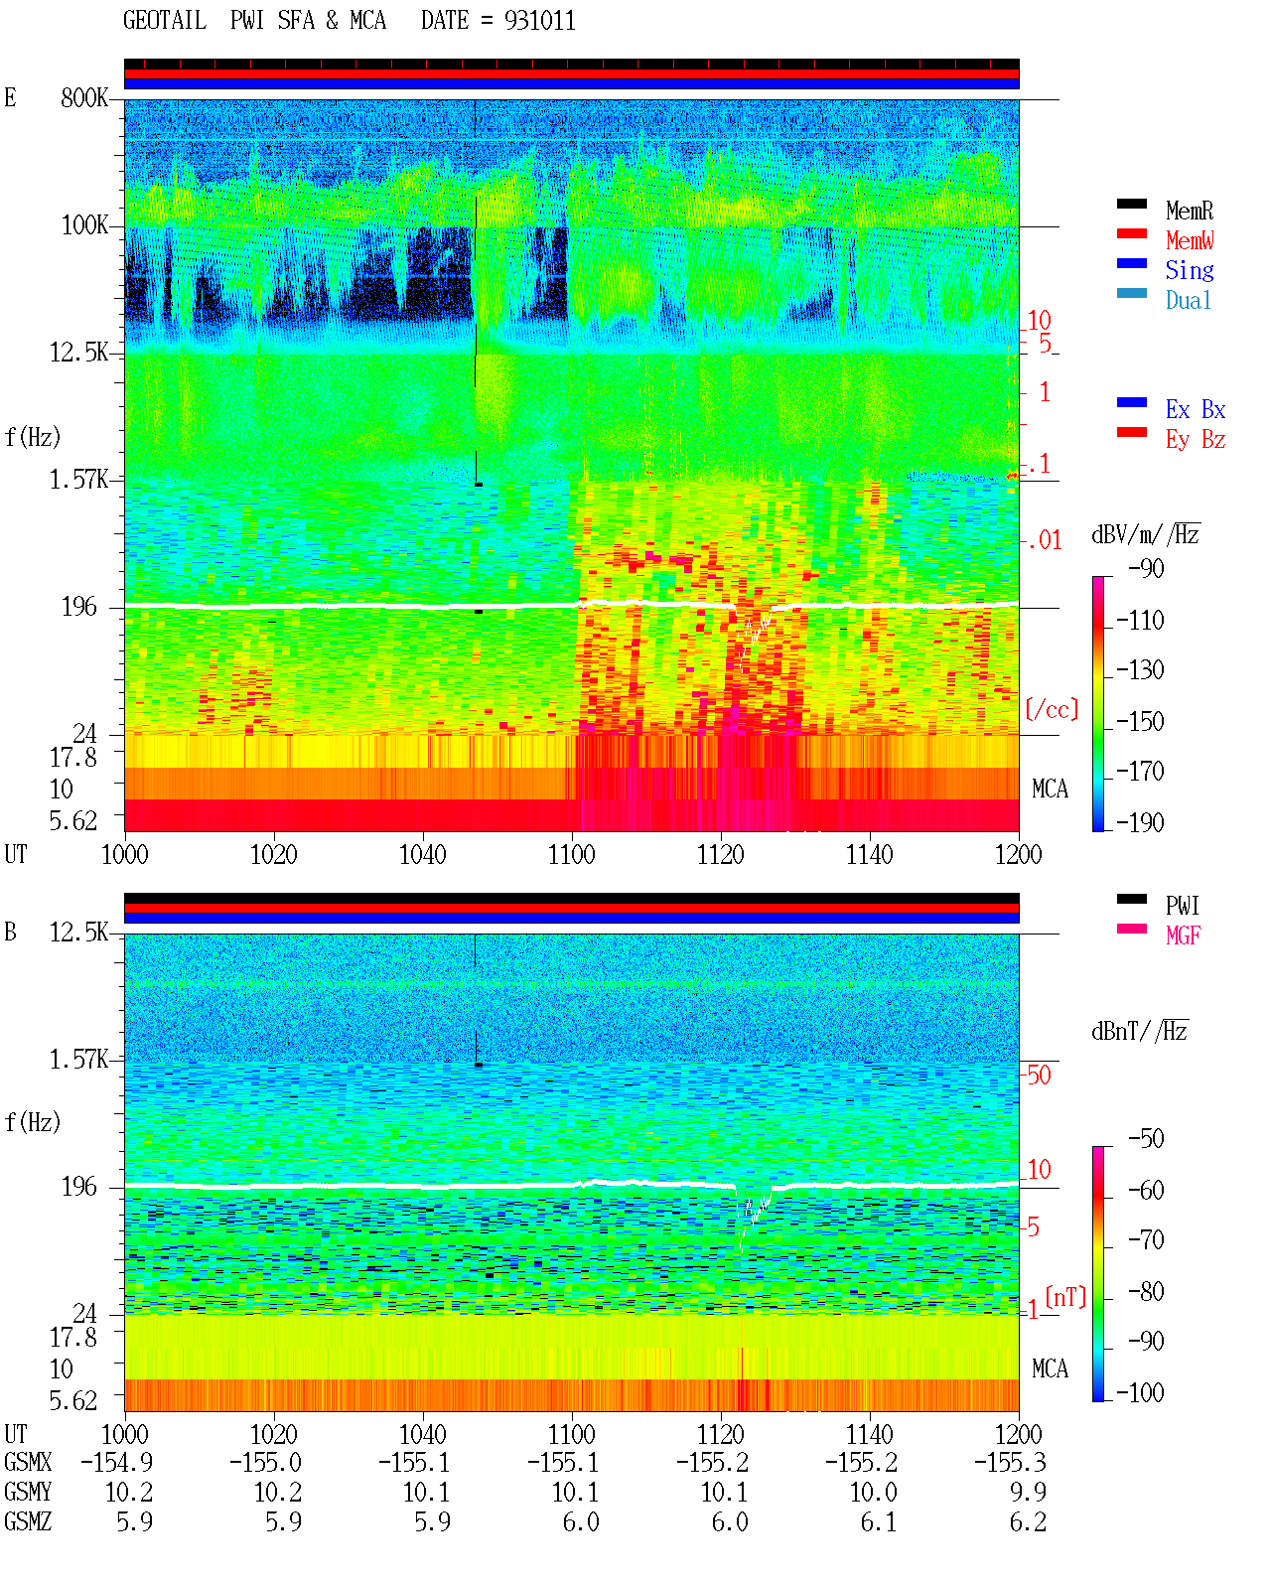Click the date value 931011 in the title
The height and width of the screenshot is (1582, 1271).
(x=539, y=21)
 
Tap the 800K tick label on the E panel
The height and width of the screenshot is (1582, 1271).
(x=83, y=97)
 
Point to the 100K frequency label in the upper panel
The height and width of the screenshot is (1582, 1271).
(x=84, y=225)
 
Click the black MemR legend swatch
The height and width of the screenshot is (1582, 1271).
(x=1131, y=204)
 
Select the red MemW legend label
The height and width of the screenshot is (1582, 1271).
(x=1190, y=240)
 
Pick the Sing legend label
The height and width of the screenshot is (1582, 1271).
(x=1190, y=270)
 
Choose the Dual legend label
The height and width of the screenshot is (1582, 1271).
(x=1189, y=300)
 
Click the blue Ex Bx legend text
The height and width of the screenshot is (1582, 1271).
(x=1196, y=409)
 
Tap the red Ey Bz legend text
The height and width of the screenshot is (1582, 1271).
(x=1196, y=440)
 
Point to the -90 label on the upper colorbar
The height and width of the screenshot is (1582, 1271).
(x=1146, y=569)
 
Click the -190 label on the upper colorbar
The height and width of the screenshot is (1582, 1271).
(x=1140, y=823)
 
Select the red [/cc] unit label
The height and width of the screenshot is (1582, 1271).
(x=1052, y=709)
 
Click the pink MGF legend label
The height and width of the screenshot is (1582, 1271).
(x=1184, y=935)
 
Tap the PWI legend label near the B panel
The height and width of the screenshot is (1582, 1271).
(x=1183, y=906)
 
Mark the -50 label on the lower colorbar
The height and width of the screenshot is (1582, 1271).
(x=1146, y=1139)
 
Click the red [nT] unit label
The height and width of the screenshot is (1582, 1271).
(x=1065, y=1297)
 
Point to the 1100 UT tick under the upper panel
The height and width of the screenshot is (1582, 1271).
(x=571, y=855)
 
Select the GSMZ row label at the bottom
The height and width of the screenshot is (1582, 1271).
(x=28, y=1521)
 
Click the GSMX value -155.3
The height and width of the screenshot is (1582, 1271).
(x=1010, y=1463)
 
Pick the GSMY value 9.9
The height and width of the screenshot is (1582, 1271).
(x=1028, y=1493)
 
